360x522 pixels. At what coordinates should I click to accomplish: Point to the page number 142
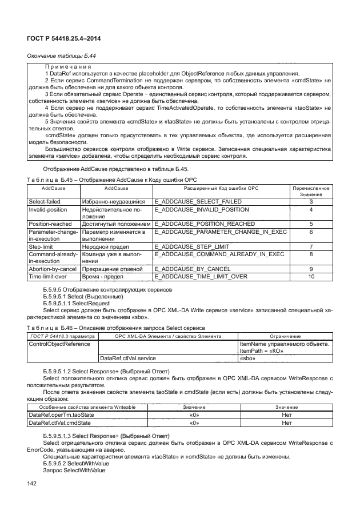click(x=32, y=484)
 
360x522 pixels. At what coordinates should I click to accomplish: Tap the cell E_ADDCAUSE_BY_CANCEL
click(x=193, y=269)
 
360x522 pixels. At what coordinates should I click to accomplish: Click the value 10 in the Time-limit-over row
click(x=311, y=276)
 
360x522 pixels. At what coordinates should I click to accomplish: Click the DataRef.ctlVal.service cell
click(x=128, y=358)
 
